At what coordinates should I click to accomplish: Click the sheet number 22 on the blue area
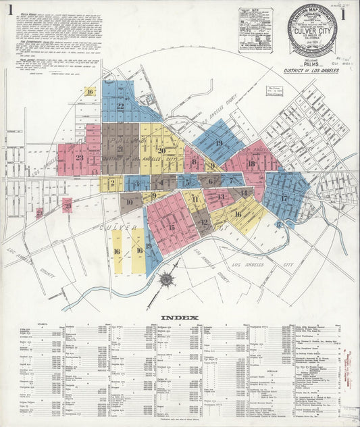point(120,105)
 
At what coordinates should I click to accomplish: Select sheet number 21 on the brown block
point(120,149)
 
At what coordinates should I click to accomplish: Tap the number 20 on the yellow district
point(161,150)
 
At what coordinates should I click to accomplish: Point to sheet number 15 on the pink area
point(171,227)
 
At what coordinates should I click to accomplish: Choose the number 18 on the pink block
point(251,164)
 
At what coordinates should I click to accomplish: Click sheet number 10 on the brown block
point(129,201)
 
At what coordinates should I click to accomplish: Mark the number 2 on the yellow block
point(111,182)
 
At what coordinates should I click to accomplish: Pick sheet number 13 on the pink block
point(220,197)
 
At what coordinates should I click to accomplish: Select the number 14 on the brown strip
point(243,193)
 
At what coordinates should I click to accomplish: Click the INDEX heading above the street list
point(179,318)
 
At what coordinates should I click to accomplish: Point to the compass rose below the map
point(165,278)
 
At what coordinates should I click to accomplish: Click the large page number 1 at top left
point(10,11)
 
